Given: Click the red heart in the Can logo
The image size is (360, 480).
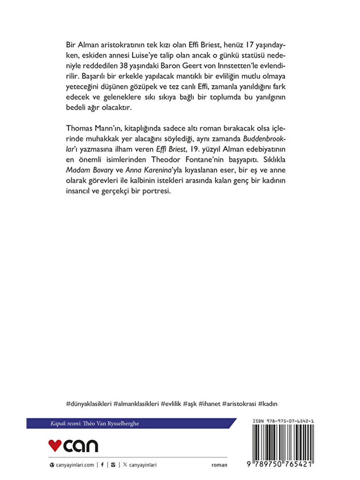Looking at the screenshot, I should [x=55, y=445].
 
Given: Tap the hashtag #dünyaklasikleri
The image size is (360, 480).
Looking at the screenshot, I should [x=89, y=404].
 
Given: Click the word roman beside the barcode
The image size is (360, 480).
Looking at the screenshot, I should [x=219, y=465].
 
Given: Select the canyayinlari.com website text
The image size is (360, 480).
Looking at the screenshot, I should [x=75, y=465].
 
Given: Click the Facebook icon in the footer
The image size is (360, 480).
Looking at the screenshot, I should [x=102, y=465].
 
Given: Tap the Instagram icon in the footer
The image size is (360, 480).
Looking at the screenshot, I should [x=113, y=465].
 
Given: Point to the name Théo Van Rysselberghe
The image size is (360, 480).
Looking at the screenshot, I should [x=111, y=424].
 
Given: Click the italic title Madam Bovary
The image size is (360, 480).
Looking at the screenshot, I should [x=89, y=170].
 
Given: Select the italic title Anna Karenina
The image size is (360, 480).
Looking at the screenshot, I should [x=148, y=170].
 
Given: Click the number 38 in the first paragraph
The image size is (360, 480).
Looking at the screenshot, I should [x=123, y=66].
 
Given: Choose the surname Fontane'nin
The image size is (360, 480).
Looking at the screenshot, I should [x=204, y=160].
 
